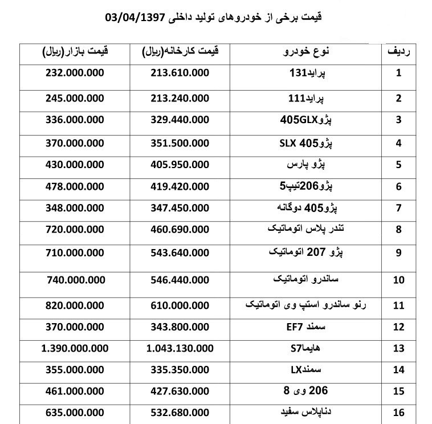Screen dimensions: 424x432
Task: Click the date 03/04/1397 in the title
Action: (x=136, y=17)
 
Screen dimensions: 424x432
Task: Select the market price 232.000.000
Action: (x=74, y=73)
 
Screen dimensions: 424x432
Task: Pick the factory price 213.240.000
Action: (x=180, y=97)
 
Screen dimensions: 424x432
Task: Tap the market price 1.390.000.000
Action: (x=74, y=349)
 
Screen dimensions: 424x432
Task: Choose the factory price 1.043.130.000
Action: (x=180, y=349)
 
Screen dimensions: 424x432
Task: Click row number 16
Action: (x=400, y=413)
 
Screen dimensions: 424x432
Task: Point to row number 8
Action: (x=400, y=230)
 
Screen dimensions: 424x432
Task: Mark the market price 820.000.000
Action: (x=74, y=305)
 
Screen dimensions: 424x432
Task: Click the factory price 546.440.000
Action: (x=180, y=280)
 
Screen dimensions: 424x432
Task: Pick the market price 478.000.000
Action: (x=74, y=186)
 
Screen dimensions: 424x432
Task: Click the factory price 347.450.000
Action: (x=180, y=208)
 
